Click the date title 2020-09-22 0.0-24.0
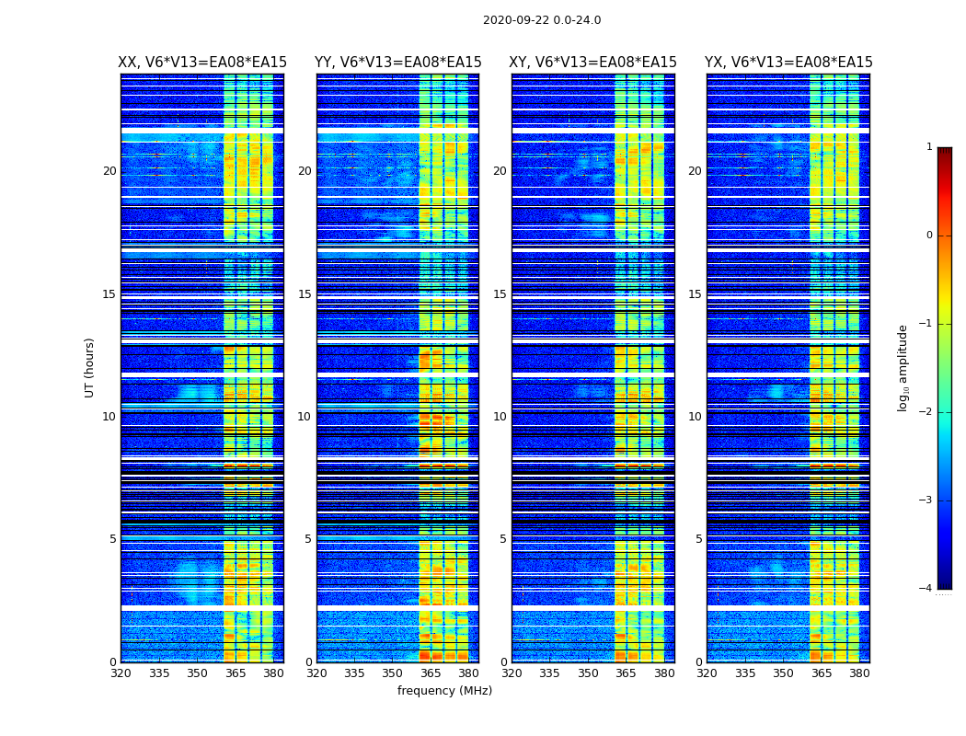pos(542,20)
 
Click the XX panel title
pos(202,63)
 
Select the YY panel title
pos(397,63)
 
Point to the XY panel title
pos(593,63)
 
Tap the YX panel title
pos(788,63)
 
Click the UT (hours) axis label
pos(90,367)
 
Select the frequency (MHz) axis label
pos(444,691)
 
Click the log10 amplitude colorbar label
pos(903,367)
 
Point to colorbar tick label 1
pos(929,147)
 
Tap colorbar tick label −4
pos(926,589)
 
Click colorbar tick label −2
pos(926,412)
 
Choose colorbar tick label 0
pos(929,236)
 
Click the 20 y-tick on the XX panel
pos(109,171)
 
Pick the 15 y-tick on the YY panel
pos(305,294)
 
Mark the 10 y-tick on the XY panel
pos(500,417)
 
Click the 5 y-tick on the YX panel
pos(699,539)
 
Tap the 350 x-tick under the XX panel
pos(197,673)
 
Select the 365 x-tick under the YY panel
pos(431,673)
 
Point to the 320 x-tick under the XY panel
pos(512,673)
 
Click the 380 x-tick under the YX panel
pos(859,673)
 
